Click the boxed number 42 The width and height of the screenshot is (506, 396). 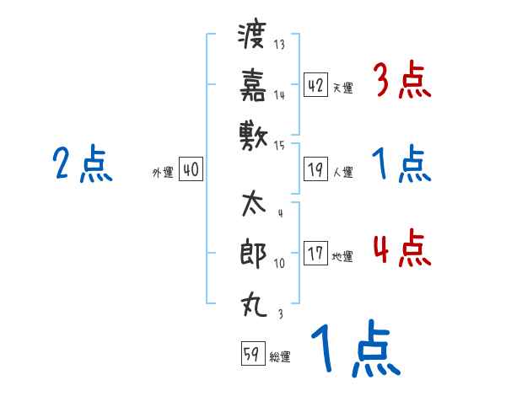click(x=315, y=84)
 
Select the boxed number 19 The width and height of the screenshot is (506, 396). click(x=315, y=169)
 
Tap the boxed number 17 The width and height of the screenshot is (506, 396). click(x=315, y=254)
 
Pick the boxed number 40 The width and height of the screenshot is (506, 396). click(x=191, y=169)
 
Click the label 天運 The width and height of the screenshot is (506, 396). click(x=342, y=88)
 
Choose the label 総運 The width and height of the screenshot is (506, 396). click(x=280, y=356)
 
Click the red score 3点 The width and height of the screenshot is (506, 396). click(x=401, y=82)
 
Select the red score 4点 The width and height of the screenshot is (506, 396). click(x=401, y=250)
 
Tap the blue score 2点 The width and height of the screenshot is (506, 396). click(x=83, y=164)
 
